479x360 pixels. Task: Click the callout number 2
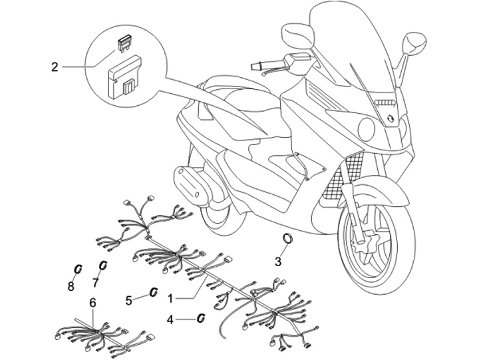55,67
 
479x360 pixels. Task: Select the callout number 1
172,297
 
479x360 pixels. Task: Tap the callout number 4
170,320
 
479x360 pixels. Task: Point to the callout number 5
129,299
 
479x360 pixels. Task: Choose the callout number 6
93,303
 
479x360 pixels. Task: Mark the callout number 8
71,287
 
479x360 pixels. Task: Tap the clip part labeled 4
199,317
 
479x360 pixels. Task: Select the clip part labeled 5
152,292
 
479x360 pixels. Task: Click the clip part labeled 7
103,266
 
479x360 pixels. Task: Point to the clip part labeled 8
77,269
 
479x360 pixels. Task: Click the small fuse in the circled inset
123,43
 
